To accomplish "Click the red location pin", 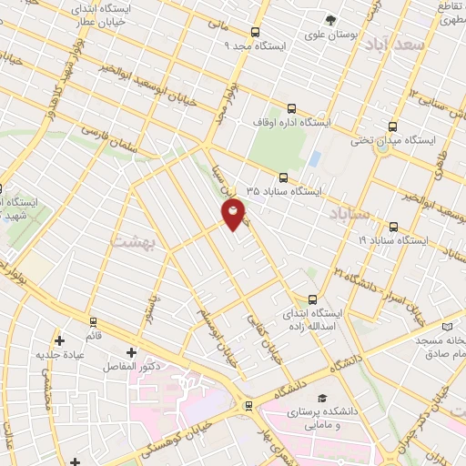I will click(x=234, y=214).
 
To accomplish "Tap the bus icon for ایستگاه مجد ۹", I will click(x=254, y=30).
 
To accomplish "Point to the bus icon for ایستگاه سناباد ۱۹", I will click(x=392, y=227).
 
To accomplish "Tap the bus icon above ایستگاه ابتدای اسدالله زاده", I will click(x=313, y=299).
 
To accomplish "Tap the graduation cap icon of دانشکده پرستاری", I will click(x=321, y=399).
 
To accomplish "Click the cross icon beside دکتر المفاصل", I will click(x=132, y=351).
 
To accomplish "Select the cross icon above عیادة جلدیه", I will click(x=60, y=341).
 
